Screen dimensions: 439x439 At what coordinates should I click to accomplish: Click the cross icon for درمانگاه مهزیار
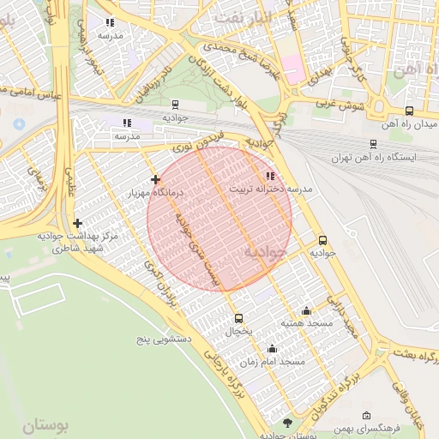tap(155, 179)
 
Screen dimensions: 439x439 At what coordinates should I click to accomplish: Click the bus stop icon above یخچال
tap(238, 318)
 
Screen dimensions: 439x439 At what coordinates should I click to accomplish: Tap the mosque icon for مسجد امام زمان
tap(273, 348)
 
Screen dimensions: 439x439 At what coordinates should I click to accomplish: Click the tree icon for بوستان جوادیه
tap(286, 422)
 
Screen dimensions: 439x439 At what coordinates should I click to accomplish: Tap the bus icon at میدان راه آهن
tap(409, 111)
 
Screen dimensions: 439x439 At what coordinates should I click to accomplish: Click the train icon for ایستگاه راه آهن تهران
tap(372, 144)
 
